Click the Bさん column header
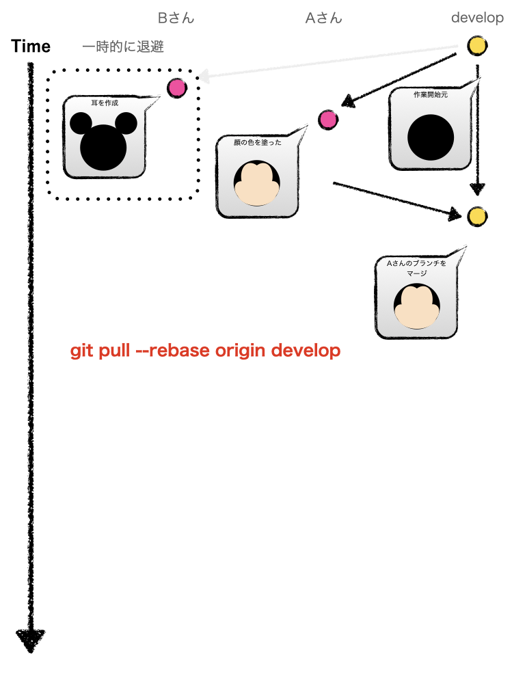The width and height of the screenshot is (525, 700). tap(176, 18)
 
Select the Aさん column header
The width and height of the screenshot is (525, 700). tap(323, 18)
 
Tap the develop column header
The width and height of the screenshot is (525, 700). tap(477, 18)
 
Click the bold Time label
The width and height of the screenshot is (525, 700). tap(31, 46)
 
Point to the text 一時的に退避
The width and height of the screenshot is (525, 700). tap(122, 47)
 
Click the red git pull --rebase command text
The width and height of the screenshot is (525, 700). tap(205, 351)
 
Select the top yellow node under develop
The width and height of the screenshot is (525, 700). tap(477, 46)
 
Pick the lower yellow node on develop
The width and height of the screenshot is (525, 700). tap(477, 217)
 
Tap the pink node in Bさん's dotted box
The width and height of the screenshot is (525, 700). tap(176, 87)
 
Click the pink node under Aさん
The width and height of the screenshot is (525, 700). tap(328, 120)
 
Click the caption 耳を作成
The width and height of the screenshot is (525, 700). tap(105, 103)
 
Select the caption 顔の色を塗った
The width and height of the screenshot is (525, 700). tap(257, 143)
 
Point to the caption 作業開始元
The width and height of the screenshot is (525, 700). tap(431, 95)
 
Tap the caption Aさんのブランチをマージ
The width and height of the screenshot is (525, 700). tap(416, 268)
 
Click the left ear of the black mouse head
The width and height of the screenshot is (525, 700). tap(81, 124)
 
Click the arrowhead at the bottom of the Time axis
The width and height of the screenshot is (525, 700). tap(31, 640)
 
